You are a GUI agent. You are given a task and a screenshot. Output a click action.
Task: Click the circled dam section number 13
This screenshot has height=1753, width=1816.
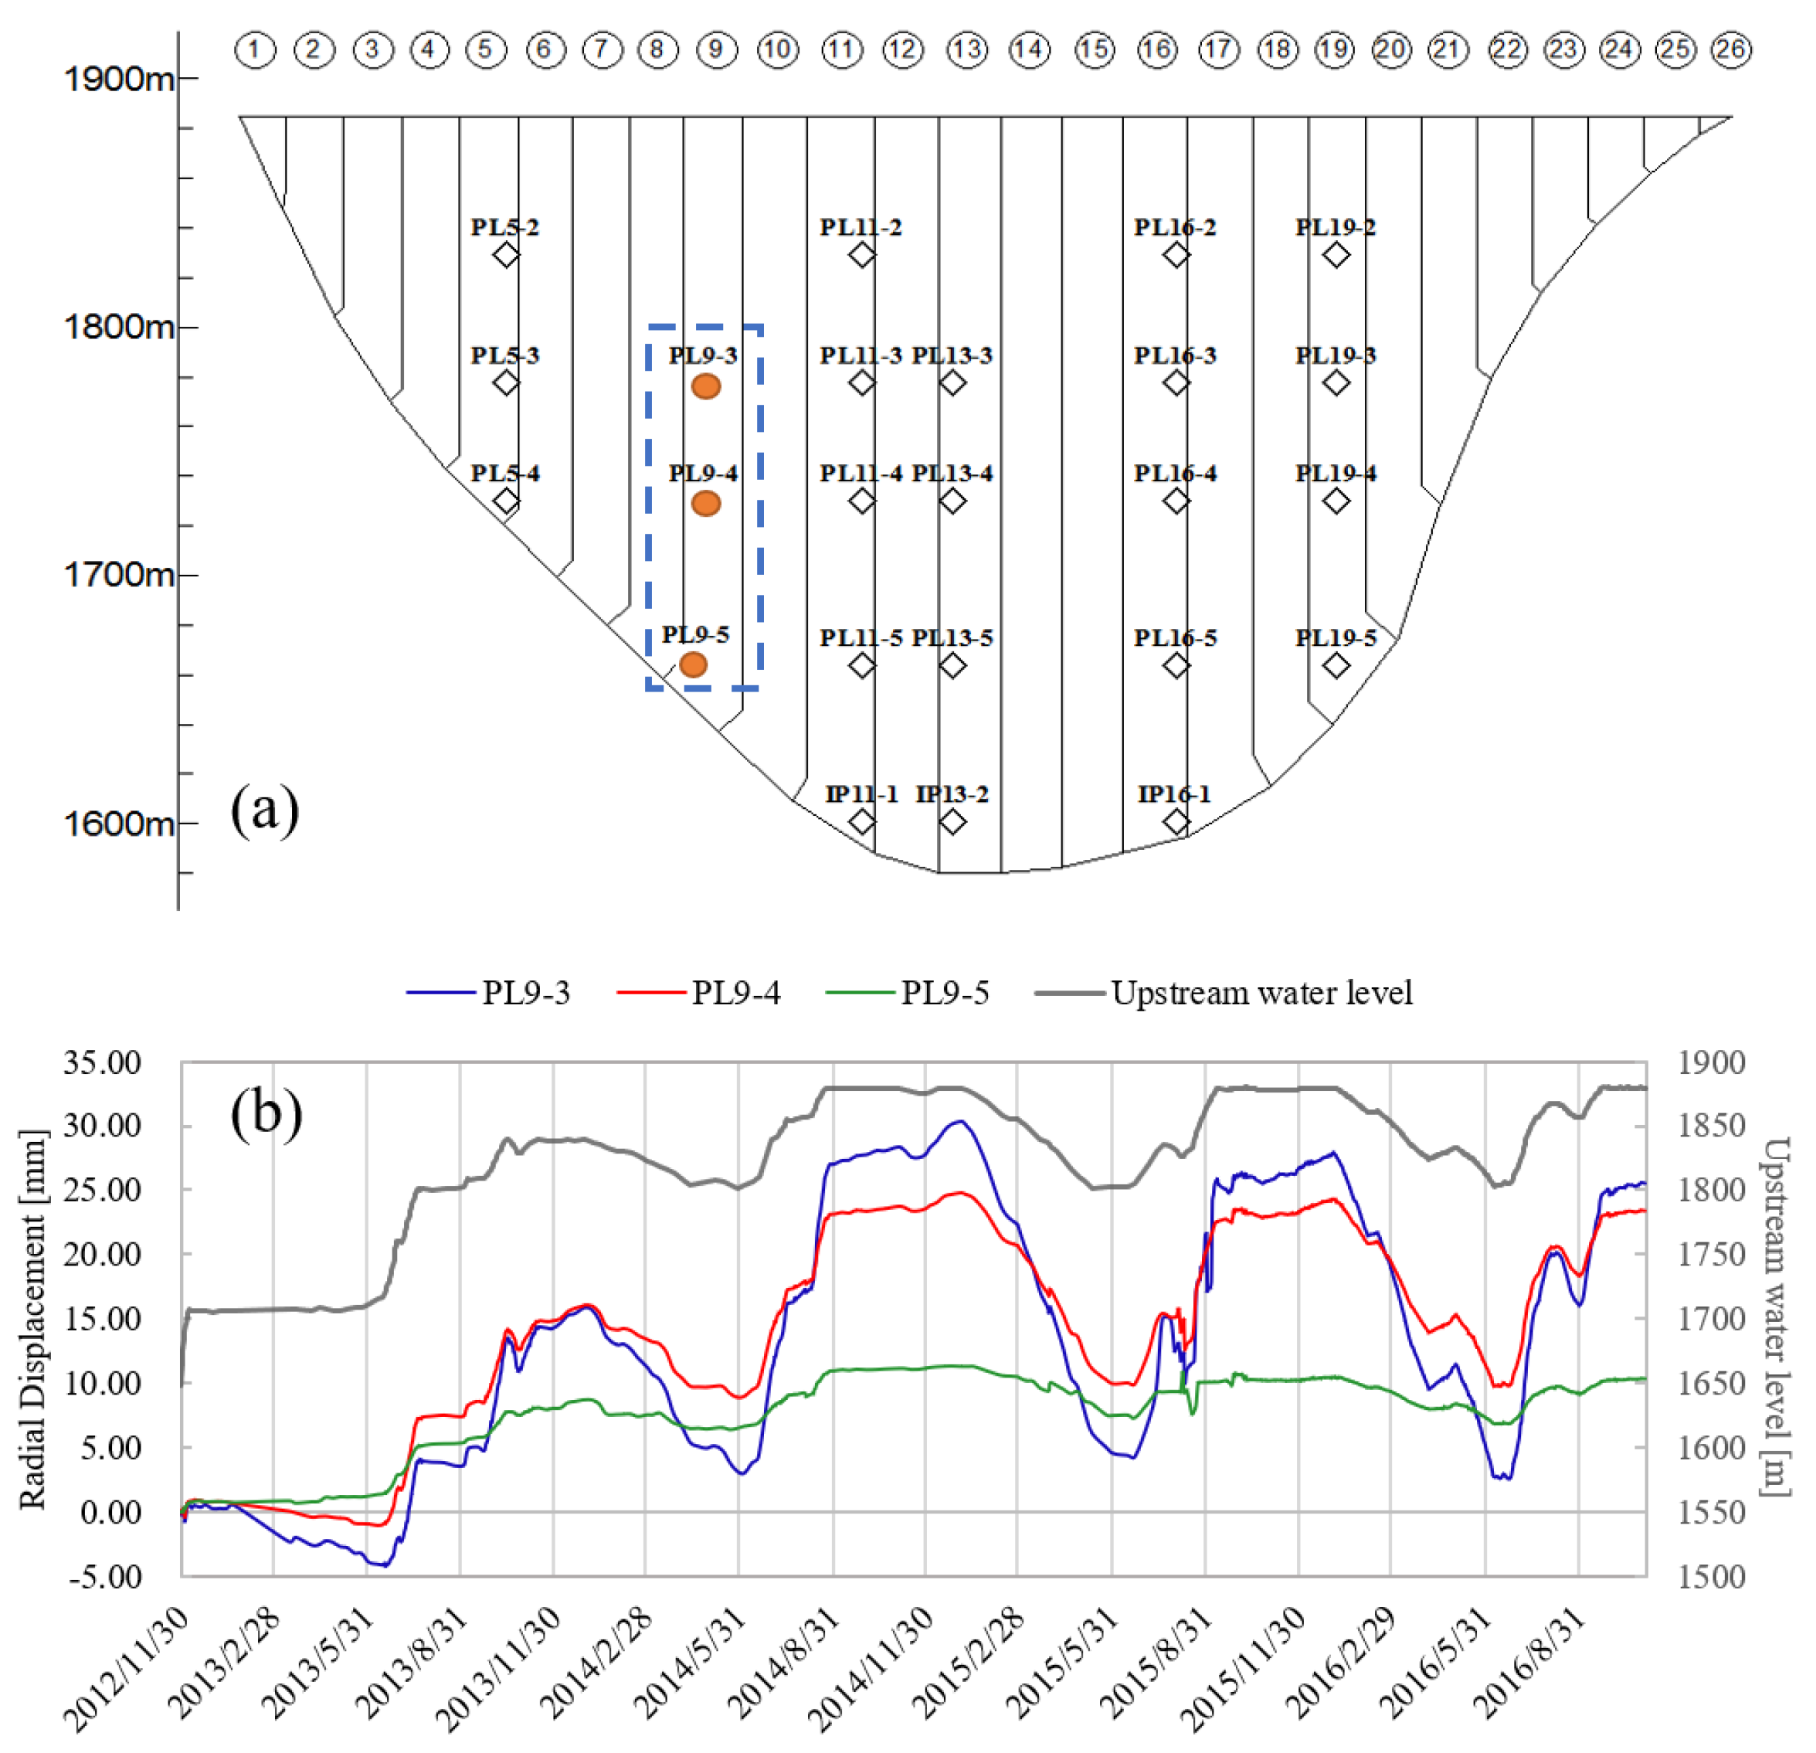click(x=966, y=49)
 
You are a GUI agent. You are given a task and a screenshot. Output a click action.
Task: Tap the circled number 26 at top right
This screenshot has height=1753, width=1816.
click(x=1731, y=49)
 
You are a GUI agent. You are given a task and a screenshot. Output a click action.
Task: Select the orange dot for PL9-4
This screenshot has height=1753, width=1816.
click(x=706, y=503)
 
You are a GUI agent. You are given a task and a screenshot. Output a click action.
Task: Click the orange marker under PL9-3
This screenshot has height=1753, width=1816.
click(x=706, y=386)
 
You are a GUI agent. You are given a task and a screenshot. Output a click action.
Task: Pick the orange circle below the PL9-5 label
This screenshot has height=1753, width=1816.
click(x=693, y=664)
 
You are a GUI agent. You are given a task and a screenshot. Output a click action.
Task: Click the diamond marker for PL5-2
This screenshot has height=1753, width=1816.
click(x=506, y=254)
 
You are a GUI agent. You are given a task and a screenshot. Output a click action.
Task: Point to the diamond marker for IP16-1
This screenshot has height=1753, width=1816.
click(x=1176, y=821)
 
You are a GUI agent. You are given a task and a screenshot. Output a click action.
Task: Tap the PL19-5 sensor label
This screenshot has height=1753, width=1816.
click(x=1335, y=638)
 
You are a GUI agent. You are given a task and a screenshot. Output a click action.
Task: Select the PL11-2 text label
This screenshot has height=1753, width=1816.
click(x=860, y=228)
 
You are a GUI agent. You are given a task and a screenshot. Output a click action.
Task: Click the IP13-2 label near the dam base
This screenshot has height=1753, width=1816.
click(x=952, y=794)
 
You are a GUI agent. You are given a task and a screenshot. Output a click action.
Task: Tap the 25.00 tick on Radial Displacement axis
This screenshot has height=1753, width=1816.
click(x=102, y=1191)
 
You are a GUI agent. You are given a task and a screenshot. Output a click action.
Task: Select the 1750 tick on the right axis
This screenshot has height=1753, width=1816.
click(x=1711, y=1255)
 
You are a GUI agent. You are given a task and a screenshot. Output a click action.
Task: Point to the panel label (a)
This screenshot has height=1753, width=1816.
click(x=265, y=810)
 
